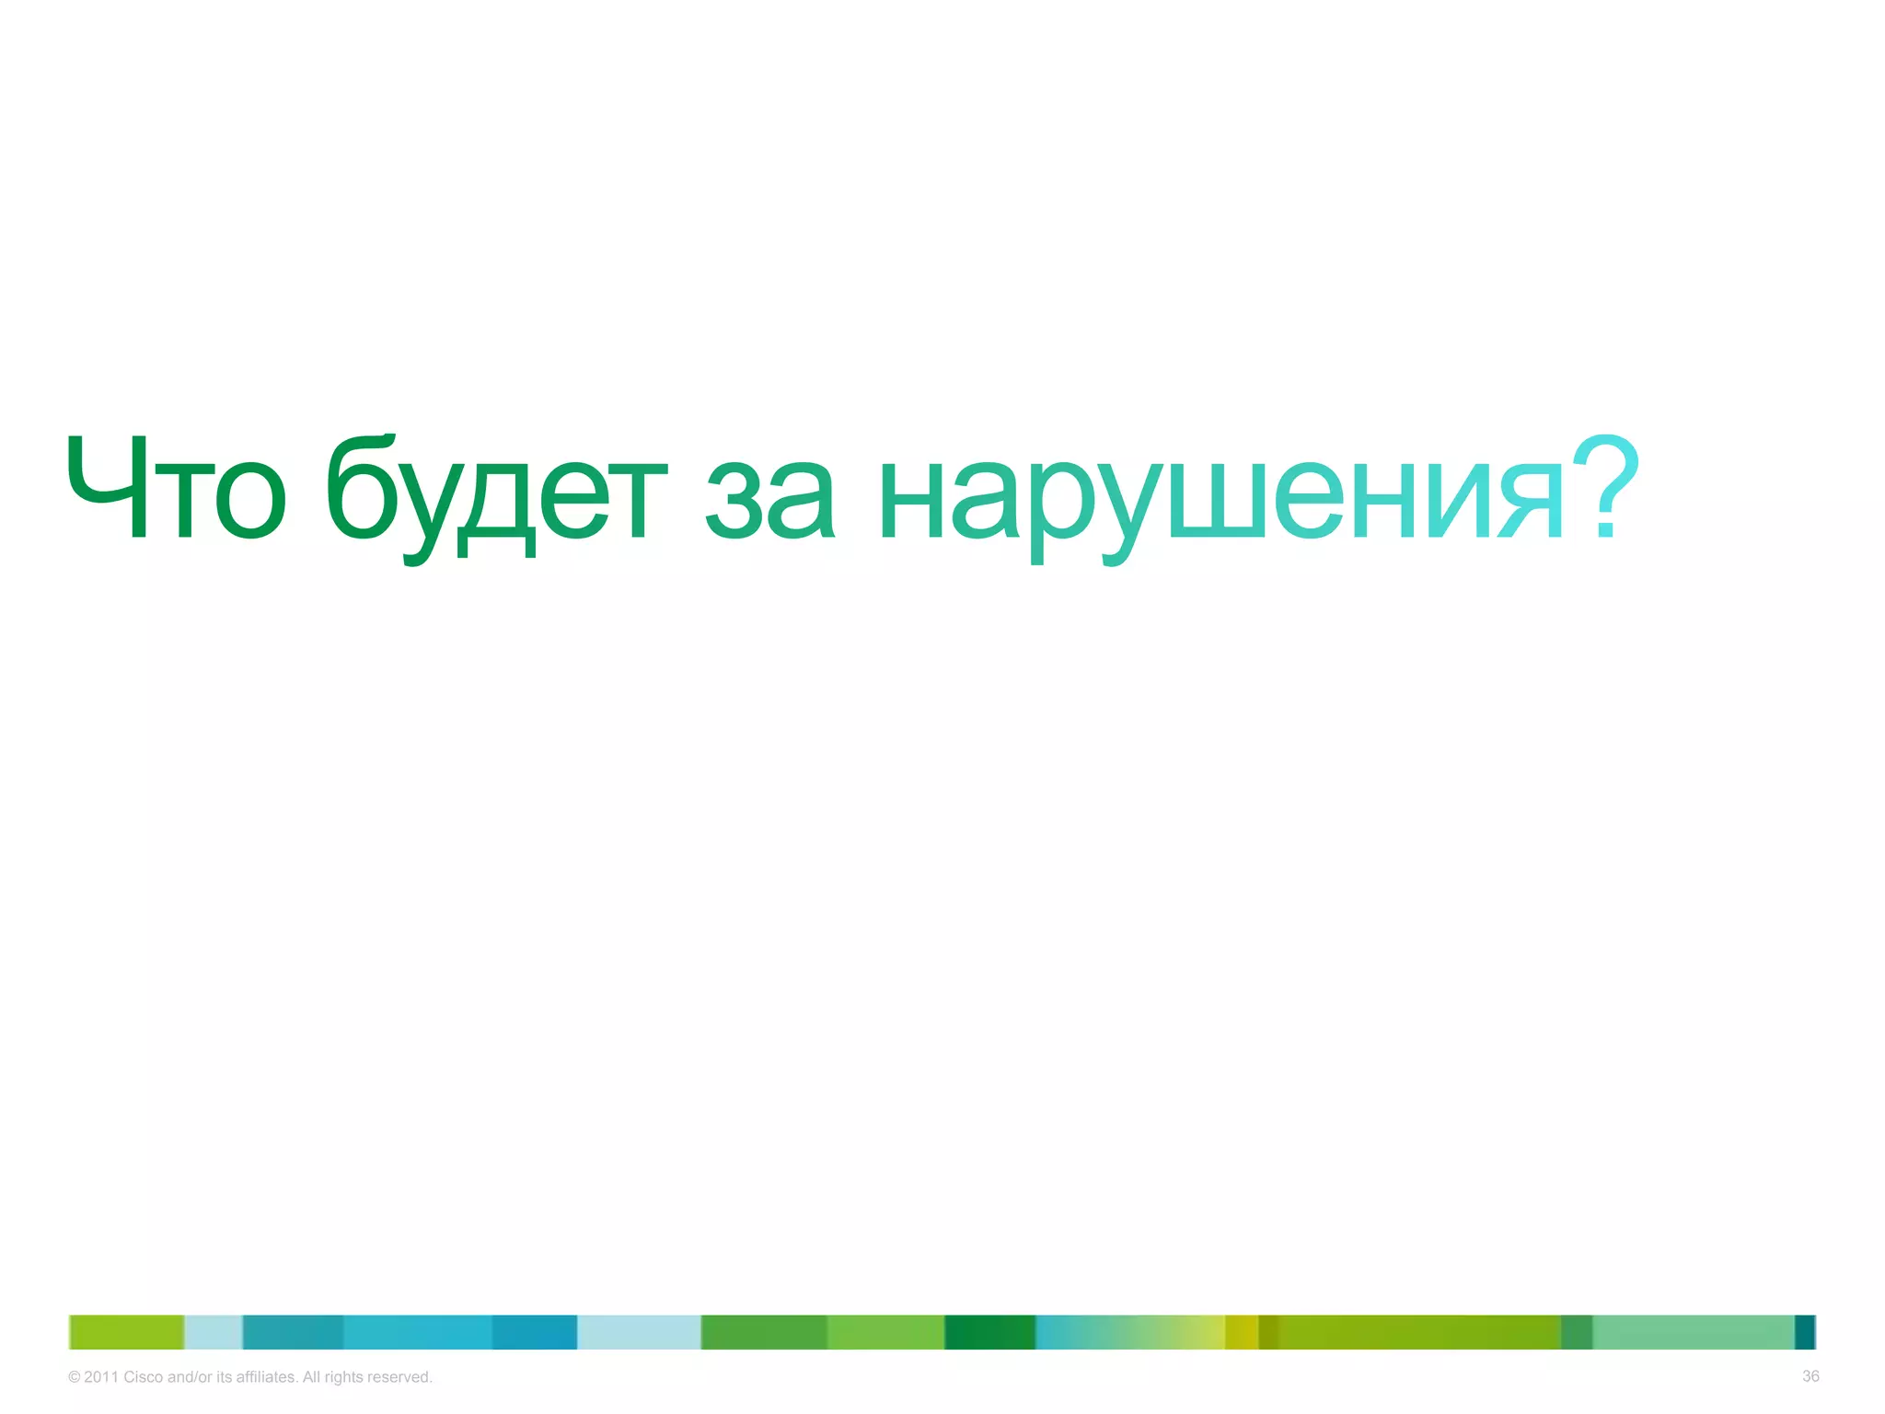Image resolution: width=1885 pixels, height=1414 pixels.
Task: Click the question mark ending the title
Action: point(1604,486)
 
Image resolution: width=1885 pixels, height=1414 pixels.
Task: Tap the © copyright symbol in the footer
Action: point(75,1377)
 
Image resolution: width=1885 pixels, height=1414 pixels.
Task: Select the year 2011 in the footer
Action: point(101,1377)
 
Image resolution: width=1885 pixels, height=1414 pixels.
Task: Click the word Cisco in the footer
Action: point(144,1377)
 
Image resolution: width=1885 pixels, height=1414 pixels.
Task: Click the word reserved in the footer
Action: point(399,1377)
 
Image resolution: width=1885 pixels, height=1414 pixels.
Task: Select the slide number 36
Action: point(1810,1376)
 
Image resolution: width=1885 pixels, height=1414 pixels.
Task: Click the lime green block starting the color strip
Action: point(127,1332)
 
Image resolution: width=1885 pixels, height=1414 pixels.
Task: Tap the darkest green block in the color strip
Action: point(989,1332)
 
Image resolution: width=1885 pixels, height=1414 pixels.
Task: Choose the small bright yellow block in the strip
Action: point(1241,1332)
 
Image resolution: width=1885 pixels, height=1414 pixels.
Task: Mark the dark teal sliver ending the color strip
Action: point(1805,1332)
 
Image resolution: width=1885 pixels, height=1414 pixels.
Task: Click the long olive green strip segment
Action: point(1417,1332)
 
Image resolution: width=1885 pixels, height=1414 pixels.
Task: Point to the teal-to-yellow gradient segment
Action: point(1129,1332)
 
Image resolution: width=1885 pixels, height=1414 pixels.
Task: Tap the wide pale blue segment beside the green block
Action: point(639,1332)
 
